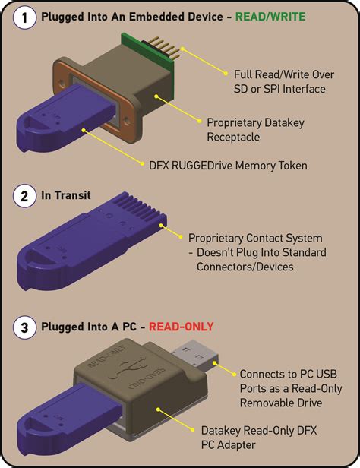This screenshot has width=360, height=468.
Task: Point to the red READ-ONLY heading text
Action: [184, 327]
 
